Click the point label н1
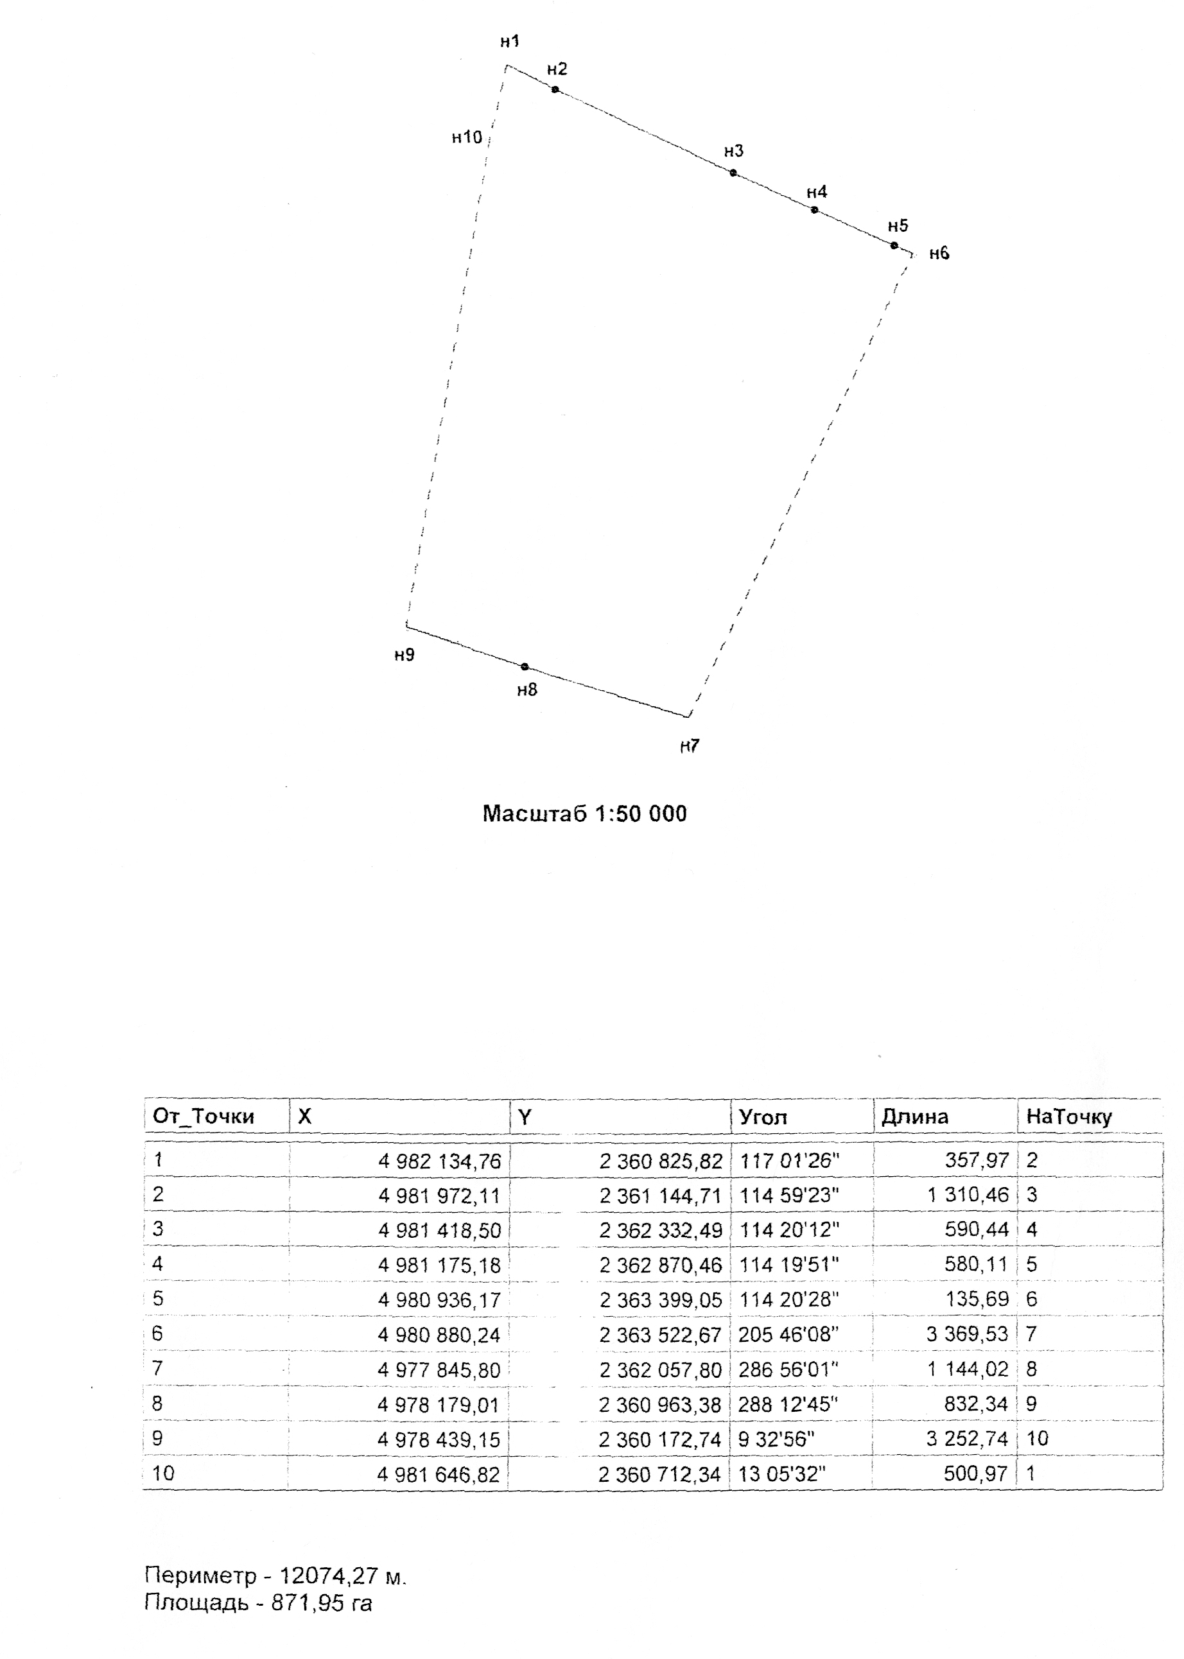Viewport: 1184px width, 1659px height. pos(510,42)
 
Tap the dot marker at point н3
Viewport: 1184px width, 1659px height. pos(733,173)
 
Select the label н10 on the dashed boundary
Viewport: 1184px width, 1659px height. pos(467,136)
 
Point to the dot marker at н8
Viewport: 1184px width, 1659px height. pos(525,666)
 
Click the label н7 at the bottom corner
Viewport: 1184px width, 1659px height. pos(690,745)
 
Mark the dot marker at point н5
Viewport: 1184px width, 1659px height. pos(894,245)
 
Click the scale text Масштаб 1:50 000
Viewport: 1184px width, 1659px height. pos(585,813)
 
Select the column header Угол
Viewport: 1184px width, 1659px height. pos(763,1116)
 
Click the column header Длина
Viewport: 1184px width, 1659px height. pos(914,1116)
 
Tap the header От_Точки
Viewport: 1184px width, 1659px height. pos(204,1116)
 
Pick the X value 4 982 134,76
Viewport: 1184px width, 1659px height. pos(439,1160)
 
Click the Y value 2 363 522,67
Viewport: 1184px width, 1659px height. pos(661,1335)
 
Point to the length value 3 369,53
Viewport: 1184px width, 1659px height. pos(967,1334)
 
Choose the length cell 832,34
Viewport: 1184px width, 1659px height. pos(976,1404)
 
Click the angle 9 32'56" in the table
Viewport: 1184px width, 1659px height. pos(776,1439)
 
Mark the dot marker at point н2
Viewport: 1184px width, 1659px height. pos(555,90)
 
